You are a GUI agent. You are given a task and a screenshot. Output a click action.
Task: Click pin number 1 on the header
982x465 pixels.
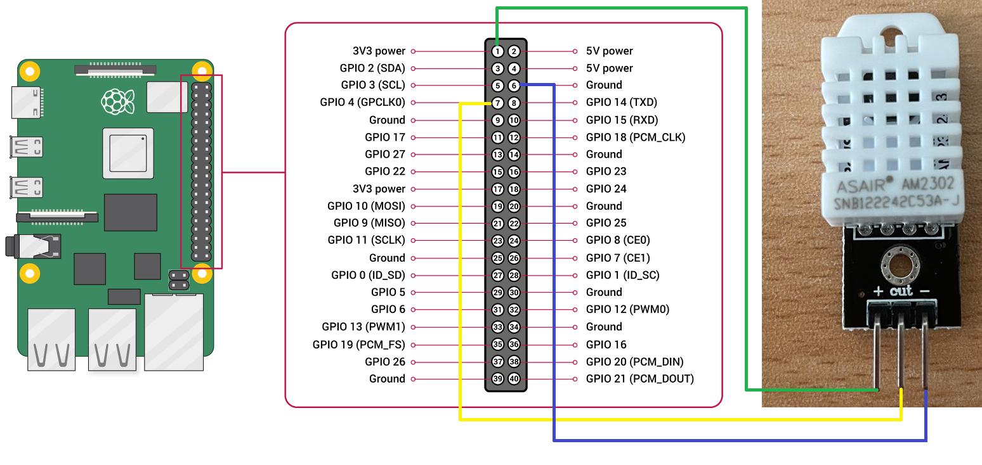[x=498, y=51]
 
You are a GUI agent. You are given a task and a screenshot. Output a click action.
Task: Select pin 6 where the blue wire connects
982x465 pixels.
[x=514, y=86]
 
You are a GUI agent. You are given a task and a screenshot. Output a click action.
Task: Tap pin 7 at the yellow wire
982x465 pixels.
[x=498, y=103]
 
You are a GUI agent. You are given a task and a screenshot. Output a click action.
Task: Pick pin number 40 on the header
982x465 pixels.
[x=514, y=379]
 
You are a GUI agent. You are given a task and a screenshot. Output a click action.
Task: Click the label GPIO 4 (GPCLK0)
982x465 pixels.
[x=362, y=103]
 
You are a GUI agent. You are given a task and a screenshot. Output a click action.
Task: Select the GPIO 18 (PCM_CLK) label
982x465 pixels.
[x=635, y=137]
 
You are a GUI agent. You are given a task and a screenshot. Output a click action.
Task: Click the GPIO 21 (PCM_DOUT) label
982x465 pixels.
[x=639, y=379]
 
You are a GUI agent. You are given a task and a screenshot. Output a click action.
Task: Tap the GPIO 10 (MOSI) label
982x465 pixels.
[x=366, y=206]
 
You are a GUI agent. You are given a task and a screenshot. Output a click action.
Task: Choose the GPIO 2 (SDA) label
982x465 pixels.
[x=372, y=68]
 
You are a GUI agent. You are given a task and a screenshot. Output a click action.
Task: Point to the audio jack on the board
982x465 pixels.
[x=32, y=246]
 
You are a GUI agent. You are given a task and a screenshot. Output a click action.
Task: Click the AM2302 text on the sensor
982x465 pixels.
[x=930, y=186]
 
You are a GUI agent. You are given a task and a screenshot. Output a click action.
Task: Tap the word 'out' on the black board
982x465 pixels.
[x=901, y=291]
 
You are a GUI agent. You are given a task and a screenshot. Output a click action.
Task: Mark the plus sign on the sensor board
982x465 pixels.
[x=877, y=292]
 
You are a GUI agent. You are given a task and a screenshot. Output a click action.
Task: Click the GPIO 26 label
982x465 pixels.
[x=384, y=362]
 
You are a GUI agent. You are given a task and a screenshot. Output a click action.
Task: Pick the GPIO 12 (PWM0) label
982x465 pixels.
[x=627, y=310]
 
